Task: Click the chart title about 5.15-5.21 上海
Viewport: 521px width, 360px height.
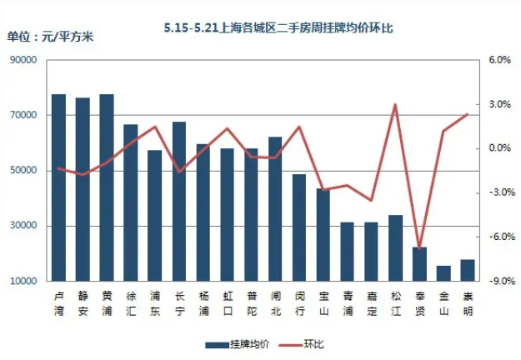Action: click(278, 28)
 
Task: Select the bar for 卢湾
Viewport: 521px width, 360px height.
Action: click(58, 187)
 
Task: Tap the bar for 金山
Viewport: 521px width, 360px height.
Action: click(444, 273)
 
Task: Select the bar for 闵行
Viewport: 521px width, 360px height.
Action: click(299, 227)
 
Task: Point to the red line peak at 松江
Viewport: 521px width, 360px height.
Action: click(395, 105)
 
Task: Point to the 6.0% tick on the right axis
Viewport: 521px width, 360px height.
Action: click(498, 60)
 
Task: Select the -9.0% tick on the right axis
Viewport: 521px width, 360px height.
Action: click(498, 282)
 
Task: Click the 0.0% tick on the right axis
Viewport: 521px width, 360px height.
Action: click(498, 148)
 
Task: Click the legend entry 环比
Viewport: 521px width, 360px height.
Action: click(303, 343)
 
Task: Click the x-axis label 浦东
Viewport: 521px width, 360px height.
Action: click(154, 302)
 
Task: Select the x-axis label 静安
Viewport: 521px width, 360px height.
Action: click(83, 302)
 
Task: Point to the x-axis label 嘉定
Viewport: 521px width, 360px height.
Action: click(371, 302)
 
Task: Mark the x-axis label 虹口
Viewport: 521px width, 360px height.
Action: click(227, 302)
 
